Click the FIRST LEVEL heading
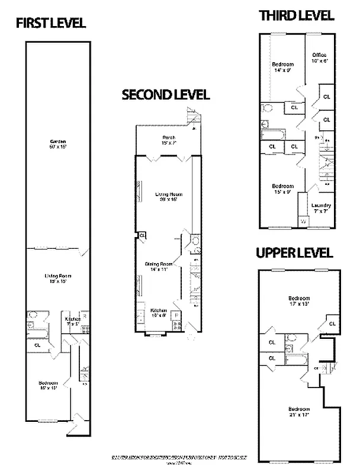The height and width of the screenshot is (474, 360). coord(50,23)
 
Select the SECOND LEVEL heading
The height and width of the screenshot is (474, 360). coord(165,95)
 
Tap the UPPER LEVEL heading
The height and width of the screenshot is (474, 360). coord(294,253)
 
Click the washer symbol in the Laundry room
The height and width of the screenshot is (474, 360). coord(303,222)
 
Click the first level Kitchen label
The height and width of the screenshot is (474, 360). coord(72,321)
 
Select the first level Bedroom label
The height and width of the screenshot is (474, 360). coord(48,385)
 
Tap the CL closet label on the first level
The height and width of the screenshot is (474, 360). coord(37,344)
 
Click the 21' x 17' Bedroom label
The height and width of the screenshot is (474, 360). coord(298,412)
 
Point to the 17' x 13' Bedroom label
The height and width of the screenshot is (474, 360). coord(298,301)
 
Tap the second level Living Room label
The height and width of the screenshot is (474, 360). coord(168,197)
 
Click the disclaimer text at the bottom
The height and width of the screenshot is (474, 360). coord(178,459)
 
